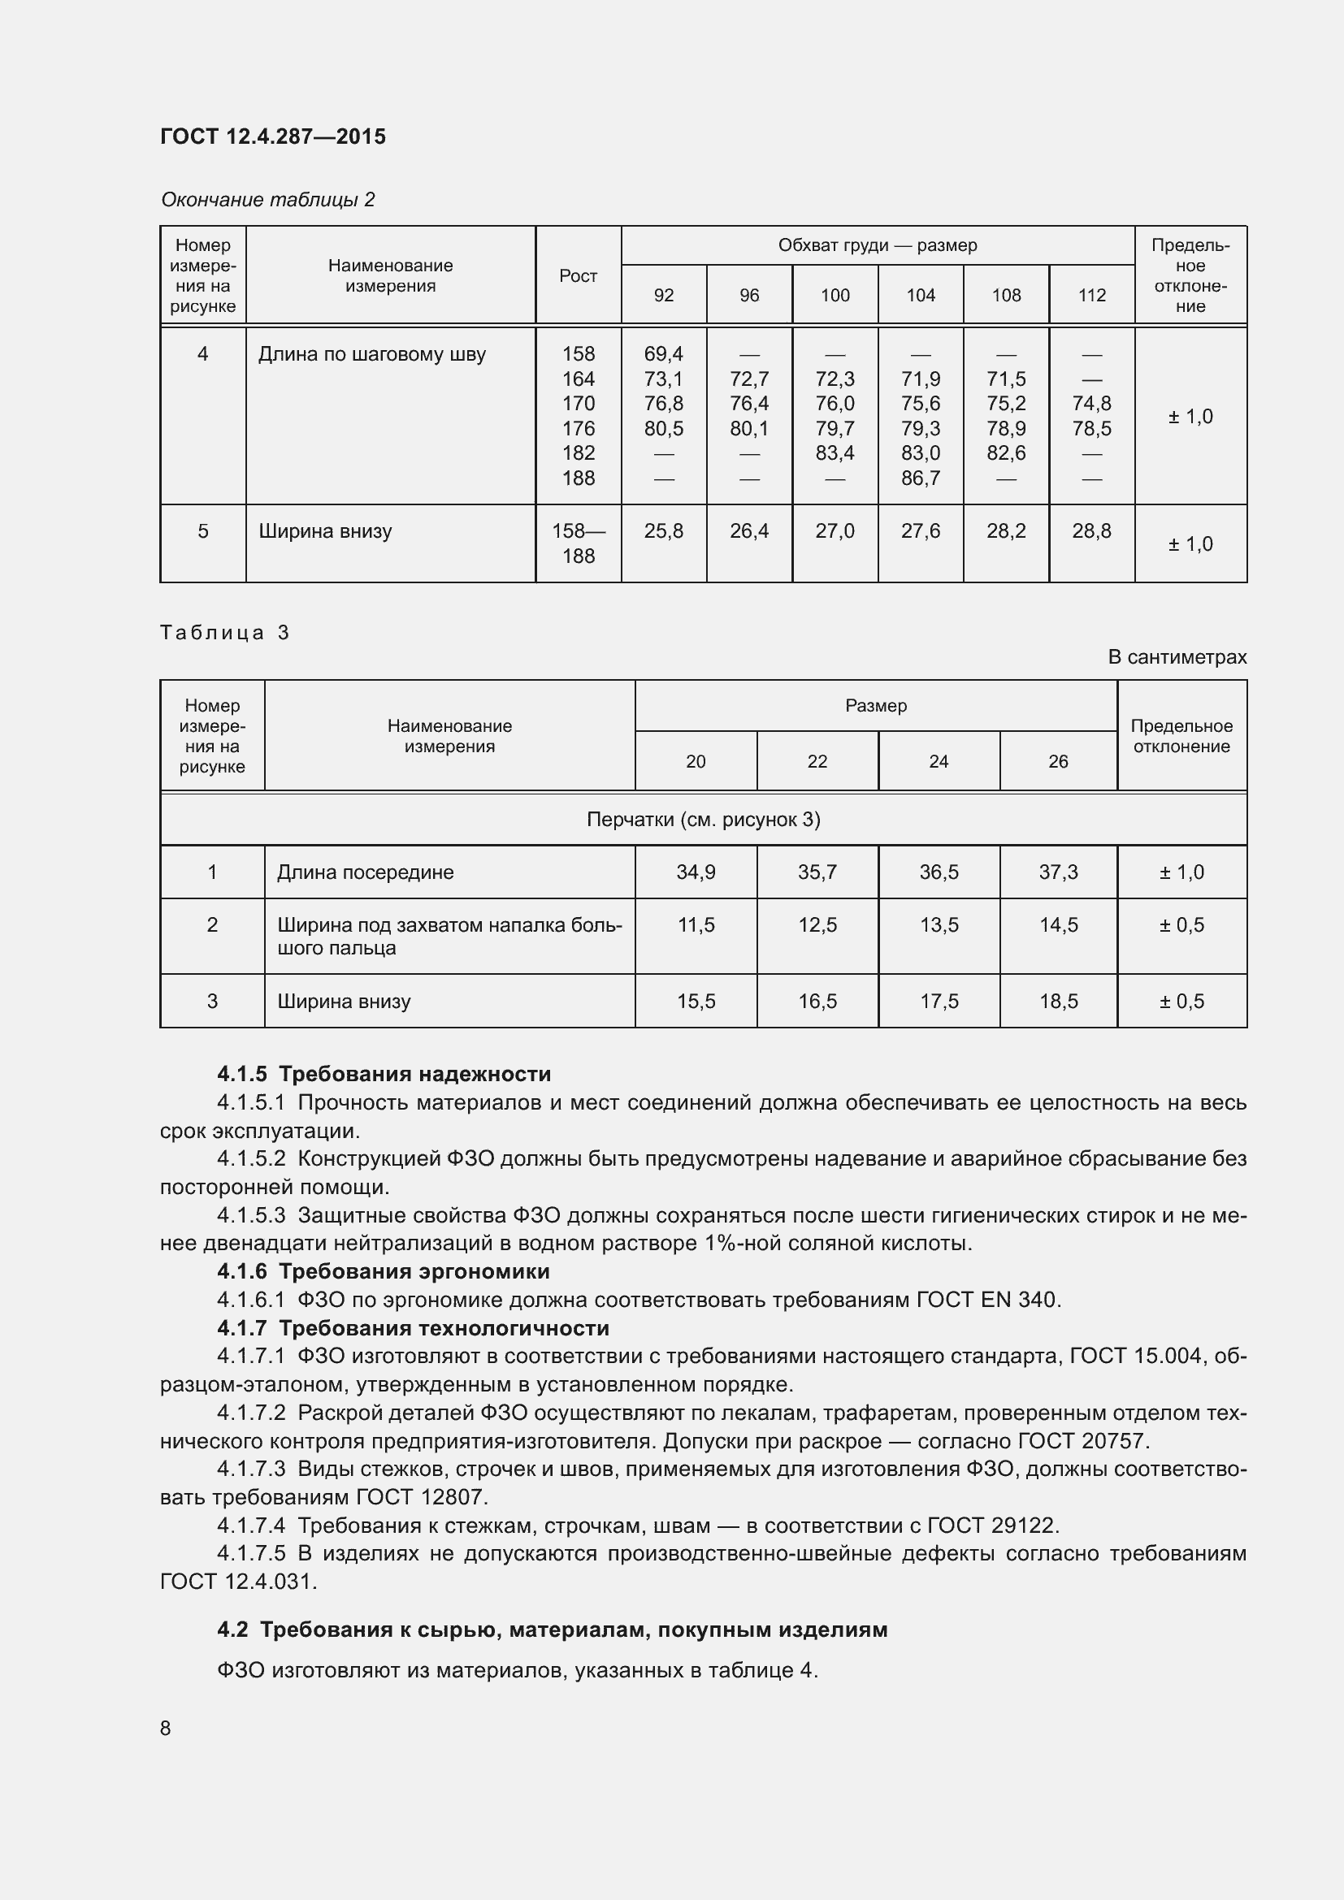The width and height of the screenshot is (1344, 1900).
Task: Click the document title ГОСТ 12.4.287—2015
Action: [x=272, y=136]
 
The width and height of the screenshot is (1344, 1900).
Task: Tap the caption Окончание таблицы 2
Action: [x=267, y=200]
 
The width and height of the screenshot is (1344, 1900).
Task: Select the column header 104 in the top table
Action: [x=921, y=296]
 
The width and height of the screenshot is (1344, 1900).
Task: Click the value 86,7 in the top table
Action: [x=921, y=478]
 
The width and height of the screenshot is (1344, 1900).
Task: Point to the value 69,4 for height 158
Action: [x=663, y=353]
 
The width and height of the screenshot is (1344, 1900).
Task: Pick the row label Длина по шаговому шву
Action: [x=371, y=354]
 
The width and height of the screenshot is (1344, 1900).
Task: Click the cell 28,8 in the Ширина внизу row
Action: [x=1090, y=530]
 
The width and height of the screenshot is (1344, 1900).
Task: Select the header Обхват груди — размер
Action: [x=878, y=245]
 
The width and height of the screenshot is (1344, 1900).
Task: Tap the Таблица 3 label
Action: [x=224, y=632]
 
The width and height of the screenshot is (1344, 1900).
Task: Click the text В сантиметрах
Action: [x=1176, y=657]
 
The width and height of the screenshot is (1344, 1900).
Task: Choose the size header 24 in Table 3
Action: [x=938, y=761]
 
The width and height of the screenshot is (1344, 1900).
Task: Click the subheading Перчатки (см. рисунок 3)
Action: [x=703, y=820]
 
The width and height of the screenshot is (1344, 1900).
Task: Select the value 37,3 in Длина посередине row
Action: [x=1058, y=872]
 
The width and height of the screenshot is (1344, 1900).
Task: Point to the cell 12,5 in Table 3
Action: [x=817, y=924]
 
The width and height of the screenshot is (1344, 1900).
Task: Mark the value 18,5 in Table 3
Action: [x=1058, y=1001]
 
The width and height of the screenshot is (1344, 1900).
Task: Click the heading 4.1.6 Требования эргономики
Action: [x=384, y=1271]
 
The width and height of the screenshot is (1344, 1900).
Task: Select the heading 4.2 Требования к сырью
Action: [x=552, y=1629]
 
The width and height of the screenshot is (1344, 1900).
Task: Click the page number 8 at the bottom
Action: [x=166, y=1728]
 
